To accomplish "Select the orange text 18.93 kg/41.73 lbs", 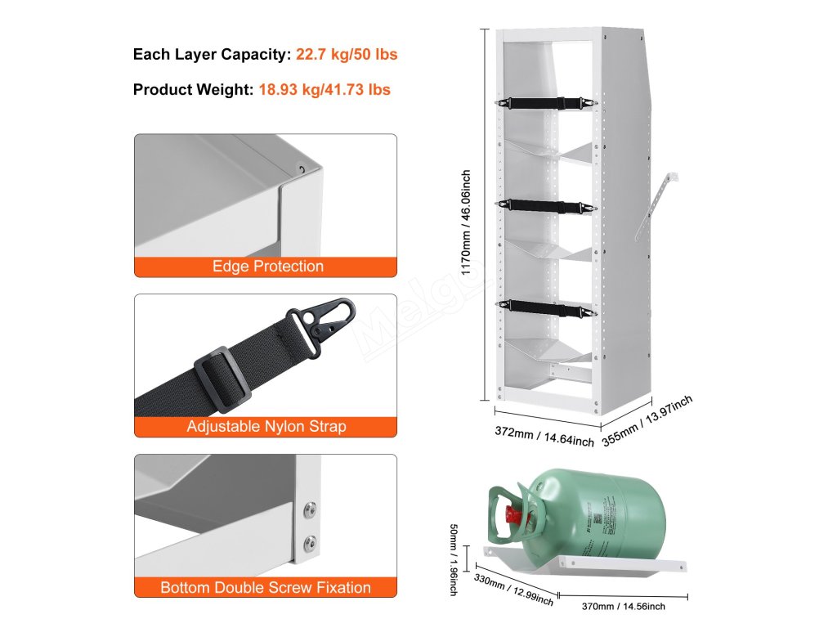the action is point(325,89).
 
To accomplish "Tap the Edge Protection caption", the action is point(267,267).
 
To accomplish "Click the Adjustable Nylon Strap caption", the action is point(266,426).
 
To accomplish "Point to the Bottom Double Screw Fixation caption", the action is point(266,587).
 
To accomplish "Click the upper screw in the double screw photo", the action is point(309,509).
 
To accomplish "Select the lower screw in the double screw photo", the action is point(310,541).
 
